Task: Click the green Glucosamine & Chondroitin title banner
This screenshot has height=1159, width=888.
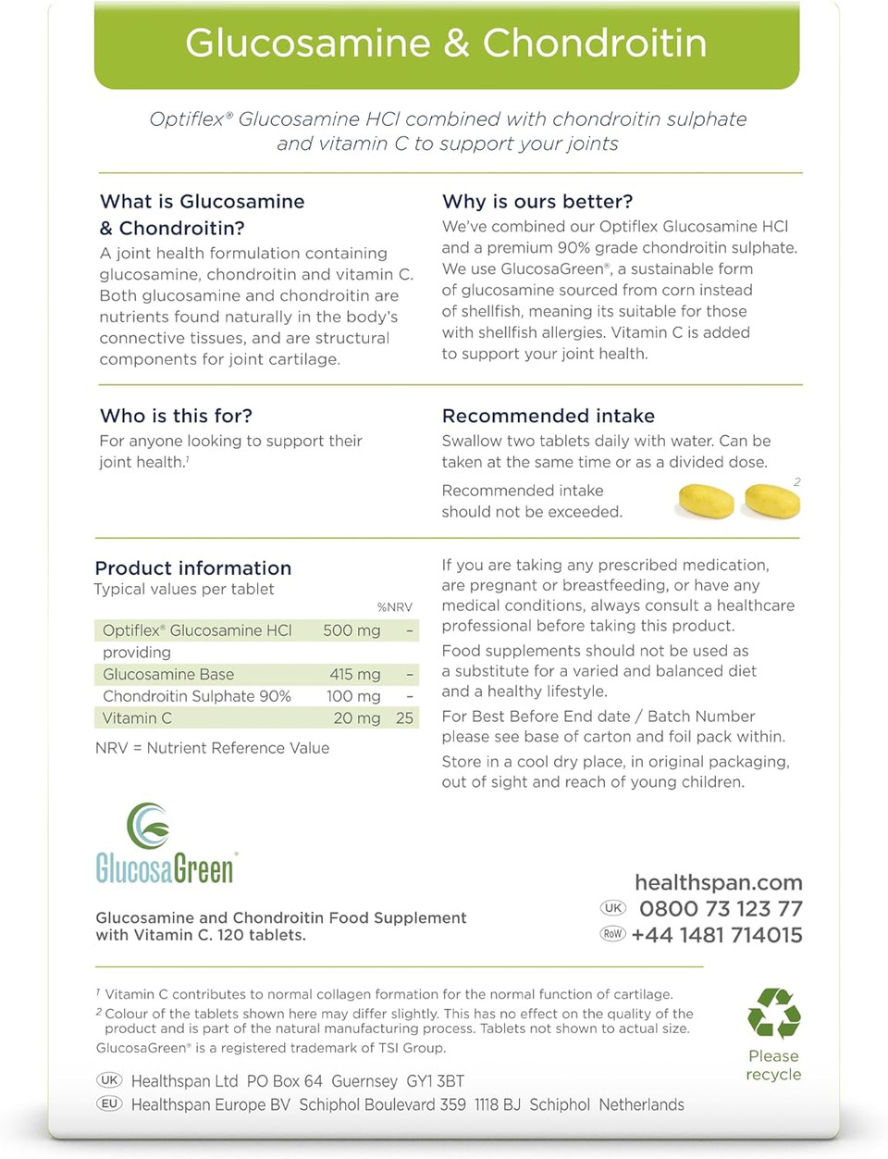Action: tap(446, 44)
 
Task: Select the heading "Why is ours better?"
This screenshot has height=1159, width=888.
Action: tap(537, 202)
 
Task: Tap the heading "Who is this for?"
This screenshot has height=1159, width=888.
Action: tap(176, 416)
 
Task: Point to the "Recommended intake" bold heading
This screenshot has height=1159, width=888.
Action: tap(548, 416)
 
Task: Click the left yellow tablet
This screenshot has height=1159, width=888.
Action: tap(706, 501)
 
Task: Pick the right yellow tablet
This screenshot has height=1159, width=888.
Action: tap(772, 501)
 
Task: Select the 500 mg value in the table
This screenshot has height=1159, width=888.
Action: tap(351, 630)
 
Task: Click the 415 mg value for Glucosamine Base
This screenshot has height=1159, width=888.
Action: tap(354, 675)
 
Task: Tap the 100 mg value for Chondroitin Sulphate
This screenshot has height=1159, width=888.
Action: tap(353, 696)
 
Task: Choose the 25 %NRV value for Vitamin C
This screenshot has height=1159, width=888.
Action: tap(404, 718)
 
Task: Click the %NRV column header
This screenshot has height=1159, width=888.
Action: tap(395, 607)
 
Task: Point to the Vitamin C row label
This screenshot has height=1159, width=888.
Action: tap(137, 718)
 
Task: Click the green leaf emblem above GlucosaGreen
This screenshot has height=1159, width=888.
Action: tap(148, 825)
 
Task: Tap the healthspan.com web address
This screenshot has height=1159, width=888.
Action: tap(718, 883)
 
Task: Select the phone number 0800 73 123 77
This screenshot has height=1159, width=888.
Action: tap(721, 909)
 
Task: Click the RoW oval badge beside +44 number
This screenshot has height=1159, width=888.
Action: tap(612, 934)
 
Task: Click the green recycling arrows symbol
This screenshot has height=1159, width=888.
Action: tap(774, 1014)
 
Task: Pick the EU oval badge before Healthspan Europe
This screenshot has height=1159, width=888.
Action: tap(109, 1103)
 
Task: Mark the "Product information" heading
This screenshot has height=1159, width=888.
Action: tap(193, 568)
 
